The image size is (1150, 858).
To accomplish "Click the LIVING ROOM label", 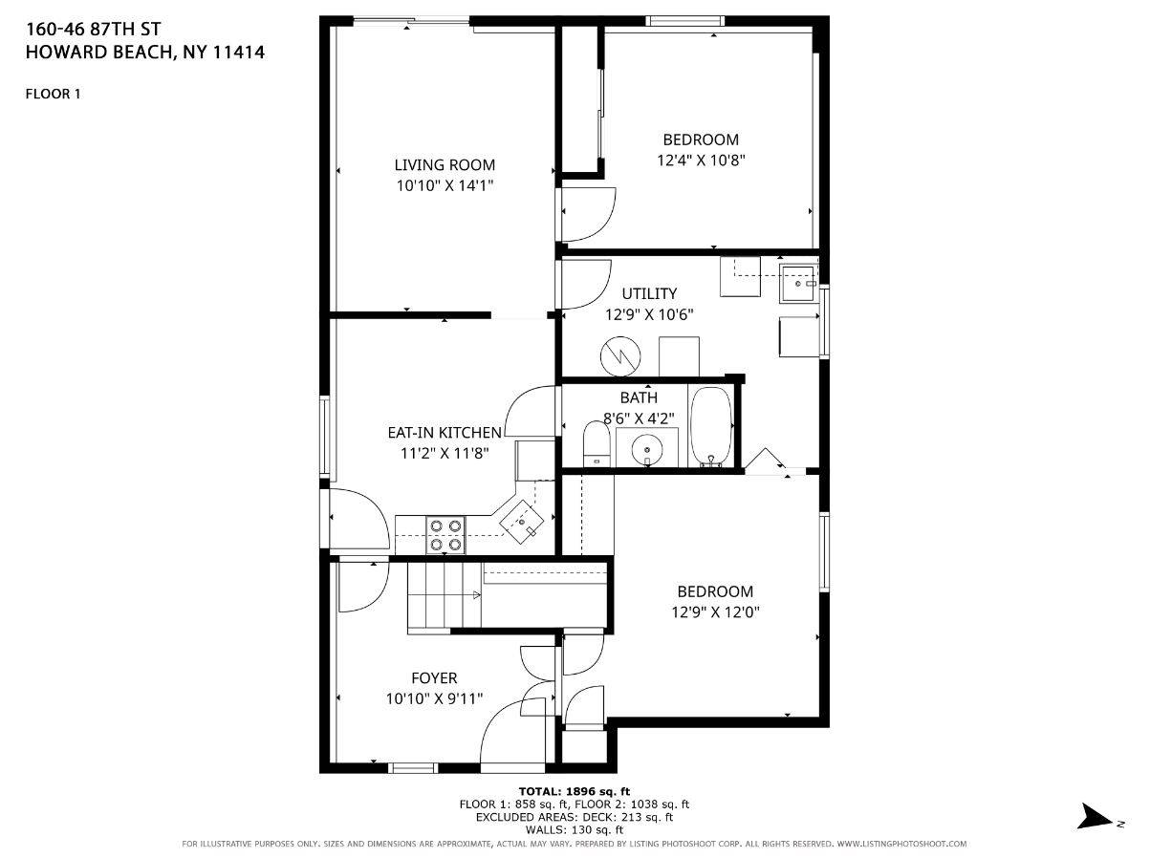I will pos(445,164).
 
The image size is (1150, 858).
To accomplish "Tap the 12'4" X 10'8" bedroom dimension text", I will pos(701,161).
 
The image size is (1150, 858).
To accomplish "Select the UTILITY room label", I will pos(649,293).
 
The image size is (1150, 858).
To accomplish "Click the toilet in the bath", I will pos(597,445).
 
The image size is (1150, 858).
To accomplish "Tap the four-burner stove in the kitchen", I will pos(445,535).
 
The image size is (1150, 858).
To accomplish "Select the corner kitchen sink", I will pos(522,521).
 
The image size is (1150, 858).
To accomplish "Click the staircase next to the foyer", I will pos(444,596).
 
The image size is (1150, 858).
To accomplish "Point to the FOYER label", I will pos(434,678).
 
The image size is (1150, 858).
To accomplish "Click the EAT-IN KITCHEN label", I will pos(444,433).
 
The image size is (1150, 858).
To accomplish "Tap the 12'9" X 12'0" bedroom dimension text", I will pos(715,612).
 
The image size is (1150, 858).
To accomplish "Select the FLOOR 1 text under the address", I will pos(53,94).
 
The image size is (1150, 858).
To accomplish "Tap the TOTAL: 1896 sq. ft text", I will pos(574,791).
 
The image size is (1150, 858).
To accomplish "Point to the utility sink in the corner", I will pos(797,281).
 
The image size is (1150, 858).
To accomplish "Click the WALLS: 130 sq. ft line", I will pos(574,829).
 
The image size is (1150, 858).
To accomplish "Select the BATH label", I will pos(639,397).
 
